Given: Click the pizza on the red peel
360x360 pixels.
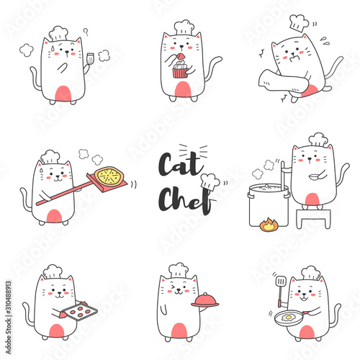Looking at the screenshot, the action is coord(109,176).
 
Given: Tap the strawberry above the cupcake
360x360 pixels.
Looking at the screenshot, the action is coord(181,56).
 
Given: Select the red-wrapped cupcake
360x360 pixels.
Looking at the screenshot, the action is coord(180,70).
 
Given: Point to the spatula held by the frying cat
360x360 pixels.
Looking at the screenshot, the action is coord(281,291).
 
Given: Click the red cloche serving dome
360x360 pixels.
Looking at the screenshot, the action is coord(205,300).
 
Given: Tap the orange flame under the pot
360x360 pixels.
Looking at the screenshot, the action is coord(269,225).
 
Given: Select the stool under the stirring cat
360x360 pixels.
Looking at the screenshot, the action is coord(313,218).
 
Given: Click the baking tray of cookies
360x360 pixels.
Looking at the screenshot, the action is coord(80,312).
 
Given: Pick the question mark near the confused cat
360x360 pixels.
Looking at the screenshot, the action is coord(86,32).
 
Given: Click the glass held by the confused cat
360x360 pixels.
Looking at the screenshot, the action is coord(90,59).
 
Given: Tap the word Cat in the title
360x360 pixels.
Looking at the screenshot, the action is coord(181,163).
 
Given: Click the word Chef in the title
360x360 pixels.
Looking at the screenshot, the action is coord(185,199).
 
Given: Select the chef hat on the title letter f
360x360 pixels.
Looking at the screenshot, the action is coord(210,182).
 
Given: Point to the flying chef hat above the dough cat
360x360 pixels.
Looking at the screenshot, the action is coord(299,23).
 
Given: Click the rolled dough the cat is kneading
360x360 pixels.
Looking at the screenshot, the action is coord(283,81).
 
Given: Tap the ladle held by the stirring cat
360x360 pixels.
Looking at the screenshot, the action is coord(315,176).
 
